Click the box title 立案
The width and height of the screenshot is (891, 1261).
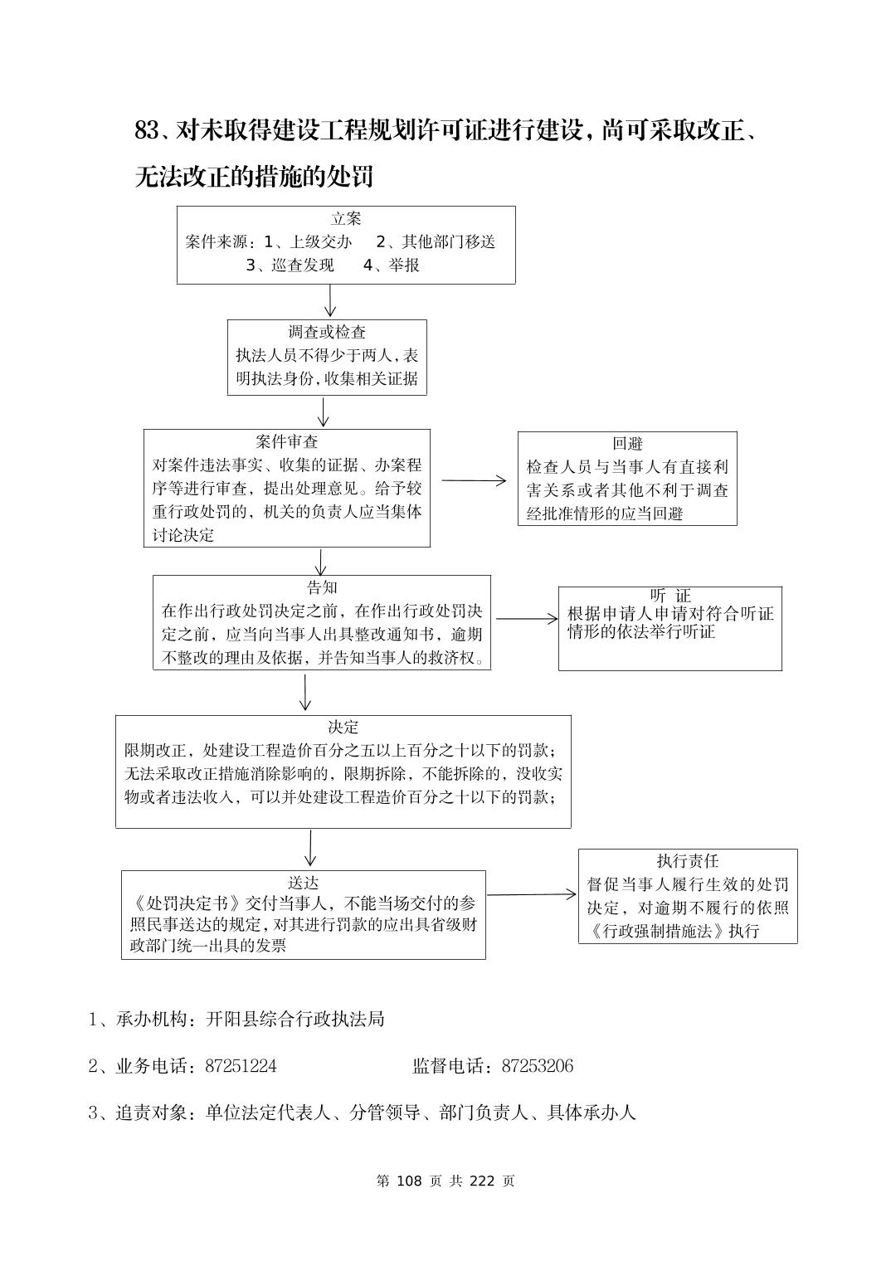point(346,219)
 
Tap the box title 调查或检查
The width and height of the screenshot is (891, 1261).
point(327,332)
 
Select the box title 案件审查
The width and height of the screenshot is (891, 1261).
point(287,441)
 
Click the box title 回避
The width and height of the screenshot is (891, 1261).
point(627,444)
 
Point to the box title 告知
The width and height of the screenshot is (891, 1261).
point(322,588)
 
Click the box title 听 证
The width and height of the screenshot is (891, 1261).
point(670,596)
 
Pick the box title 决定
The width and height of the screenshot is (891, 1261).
point(343,728)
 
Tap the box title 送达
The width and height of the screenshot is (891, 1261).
point(303,884)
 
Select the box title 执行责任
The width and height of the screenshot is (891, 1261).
point(688,861)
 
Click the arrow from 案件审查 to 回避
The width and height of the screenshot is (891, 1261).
point(474,480)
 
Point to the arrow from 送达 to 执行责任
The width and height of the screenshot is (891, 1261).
point(531,894)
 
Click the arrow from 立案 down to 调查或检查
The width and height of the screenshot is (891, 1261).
point(330,300)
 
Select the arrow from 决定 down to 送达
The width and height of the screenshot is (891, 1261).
point(309,848)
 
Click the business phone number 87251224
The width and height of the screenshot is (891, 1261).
point(241,1066)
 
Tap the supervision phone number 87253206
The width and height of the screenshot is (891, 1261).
point(537,1066)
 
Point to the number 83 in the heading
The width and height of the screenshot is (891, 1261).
point(146,130)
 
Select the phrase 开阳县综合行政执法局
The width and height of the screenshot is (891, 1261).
point(295,1019)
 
